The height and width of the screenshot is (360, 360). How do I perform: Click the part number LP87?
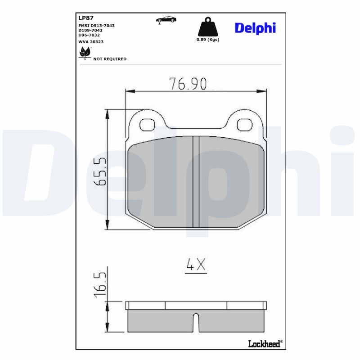85,18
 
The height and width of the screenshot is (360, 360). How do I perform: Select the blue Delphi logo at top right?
255,28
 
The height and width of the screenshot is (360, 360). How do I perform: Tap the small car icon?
166,19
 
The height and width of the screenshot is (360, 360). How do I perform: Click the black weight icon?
207,27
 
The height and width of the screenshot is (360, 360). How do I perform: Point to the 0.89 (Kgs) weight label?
207,40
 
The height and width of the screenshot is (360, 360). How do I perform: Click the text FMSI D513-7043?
96,26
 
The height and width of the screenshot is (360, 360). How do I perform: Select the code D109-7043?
90,30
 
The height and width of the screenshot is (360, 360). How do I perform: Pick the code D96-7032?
89,35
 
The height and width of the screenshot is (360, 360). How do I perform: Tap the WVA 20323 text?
91,41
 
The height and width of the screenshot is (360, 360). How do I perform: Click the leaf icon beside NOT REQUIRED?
84,53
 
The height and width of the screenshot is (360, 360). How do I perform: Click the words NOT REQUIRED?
110,59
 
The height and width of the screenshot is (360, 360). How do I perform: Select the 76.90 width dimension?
188,84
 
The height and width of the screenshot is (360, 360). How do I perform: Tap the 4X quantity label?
196,265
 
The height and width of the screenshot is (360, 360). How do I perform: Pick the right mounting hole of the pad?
245,124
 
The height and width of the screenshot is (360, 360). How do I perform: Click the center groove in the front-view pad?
196,181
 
